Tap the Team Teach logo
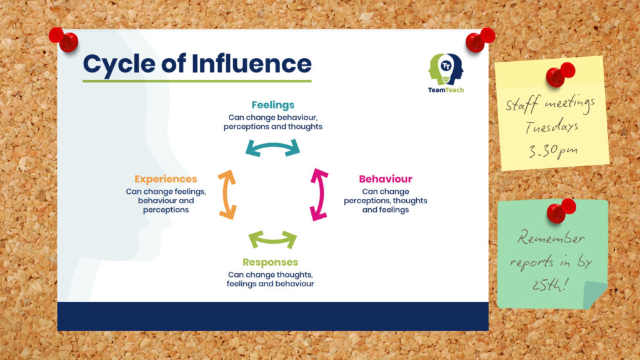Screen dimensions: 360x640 click(446, 72)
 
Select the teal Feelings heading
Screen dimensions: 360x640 click(272, 105)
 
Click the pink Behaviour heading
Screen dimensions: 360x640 click(385, 179)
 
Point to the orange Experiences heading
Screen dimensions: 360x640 click(166, 179)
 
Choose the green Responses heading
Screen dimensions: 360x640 click(270, 262)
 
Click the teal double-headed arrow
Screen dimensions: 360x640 click(272, 147)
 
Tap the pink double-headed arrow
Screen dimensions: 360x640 click(319, 194)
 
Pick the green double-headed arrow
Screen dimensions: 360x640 click(272, 239)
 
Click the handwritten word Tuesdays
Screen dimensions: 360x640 click(552, 127)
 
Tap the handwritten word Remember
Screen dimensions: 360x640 click(552, 239)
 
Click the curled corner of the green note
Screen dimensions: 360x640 click(596, 295)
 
